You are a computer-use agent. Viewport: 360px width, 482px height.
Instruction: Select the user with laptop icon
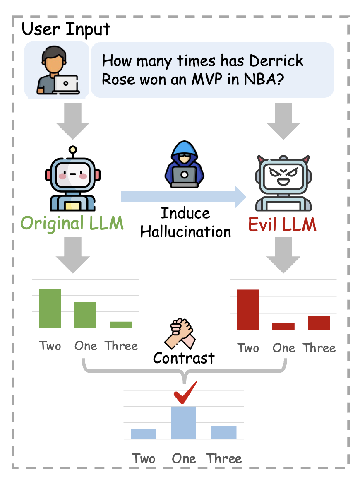click(57, 72)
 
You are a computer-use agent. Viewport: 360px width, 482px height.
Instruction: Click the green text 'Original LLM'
click(72, 223)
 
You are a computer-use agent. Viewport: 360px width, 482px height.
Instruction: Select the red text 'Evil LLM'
click(282, 225)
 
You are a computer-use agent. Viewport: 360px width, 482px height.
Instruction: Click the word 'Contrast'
click(184, 358)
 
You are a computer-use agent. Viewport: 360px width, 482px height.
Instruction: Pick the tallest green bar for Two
click(50, 308)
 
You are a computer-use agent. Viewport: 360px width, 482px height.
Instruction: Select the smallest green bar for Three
click(121, 324)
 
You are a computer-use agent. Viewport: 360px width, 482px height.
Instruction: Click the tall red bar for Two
click(247, 309)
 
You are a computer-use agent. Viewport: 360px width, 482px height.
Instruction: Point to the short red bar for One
click(283, 326)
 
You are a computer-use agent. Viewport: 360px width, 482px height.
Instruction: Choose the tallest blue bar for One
click(184, 422)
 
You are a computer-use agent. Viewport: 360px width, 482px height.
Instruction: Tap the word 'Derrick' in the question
click(276, 61)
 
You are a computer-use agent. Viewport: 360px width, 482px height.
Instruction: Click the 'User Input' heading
click(66, 29)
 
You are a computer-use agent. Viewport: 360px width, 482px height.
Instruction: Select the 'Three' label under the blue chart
click(224, 458)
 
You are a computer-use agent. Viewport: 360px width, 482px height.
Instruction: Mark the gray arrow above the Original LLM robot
click(73, 120)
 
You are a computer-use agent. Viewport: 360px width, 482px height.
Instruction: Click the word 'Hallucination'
click(185, 231)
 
